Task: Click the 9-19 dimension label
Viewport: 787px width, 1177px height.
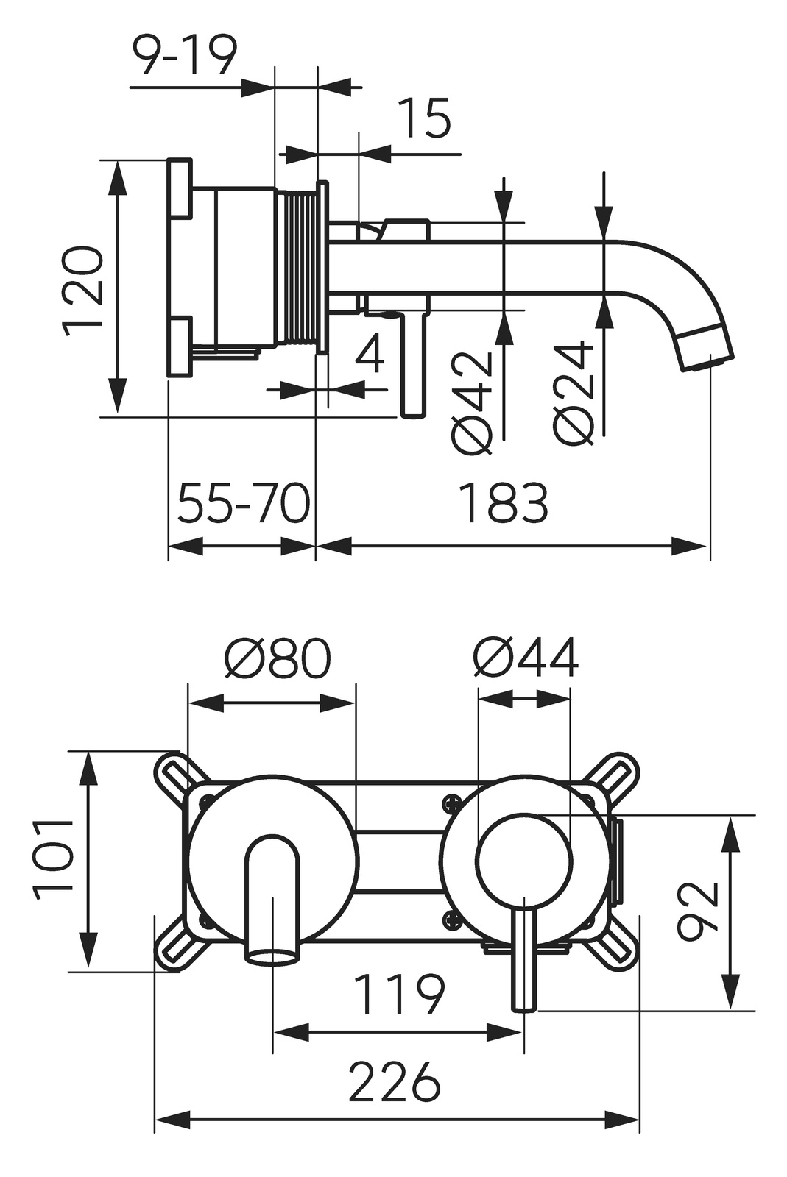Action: (x=185, y=55)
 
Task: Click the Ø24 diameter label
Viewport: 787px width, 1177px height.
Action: (x=575, y=394)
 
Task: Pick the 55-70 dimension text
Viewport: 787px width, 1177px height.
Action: (x=244, y=504)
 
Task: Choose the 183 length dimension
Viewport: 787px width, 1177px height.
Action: (x=504, y=504)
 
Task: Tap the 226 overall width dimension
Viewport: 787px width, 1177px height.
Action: (x=395, y=1081)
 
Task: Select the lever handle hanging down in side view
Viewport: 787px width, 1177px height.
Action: (x=413, y=364)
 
